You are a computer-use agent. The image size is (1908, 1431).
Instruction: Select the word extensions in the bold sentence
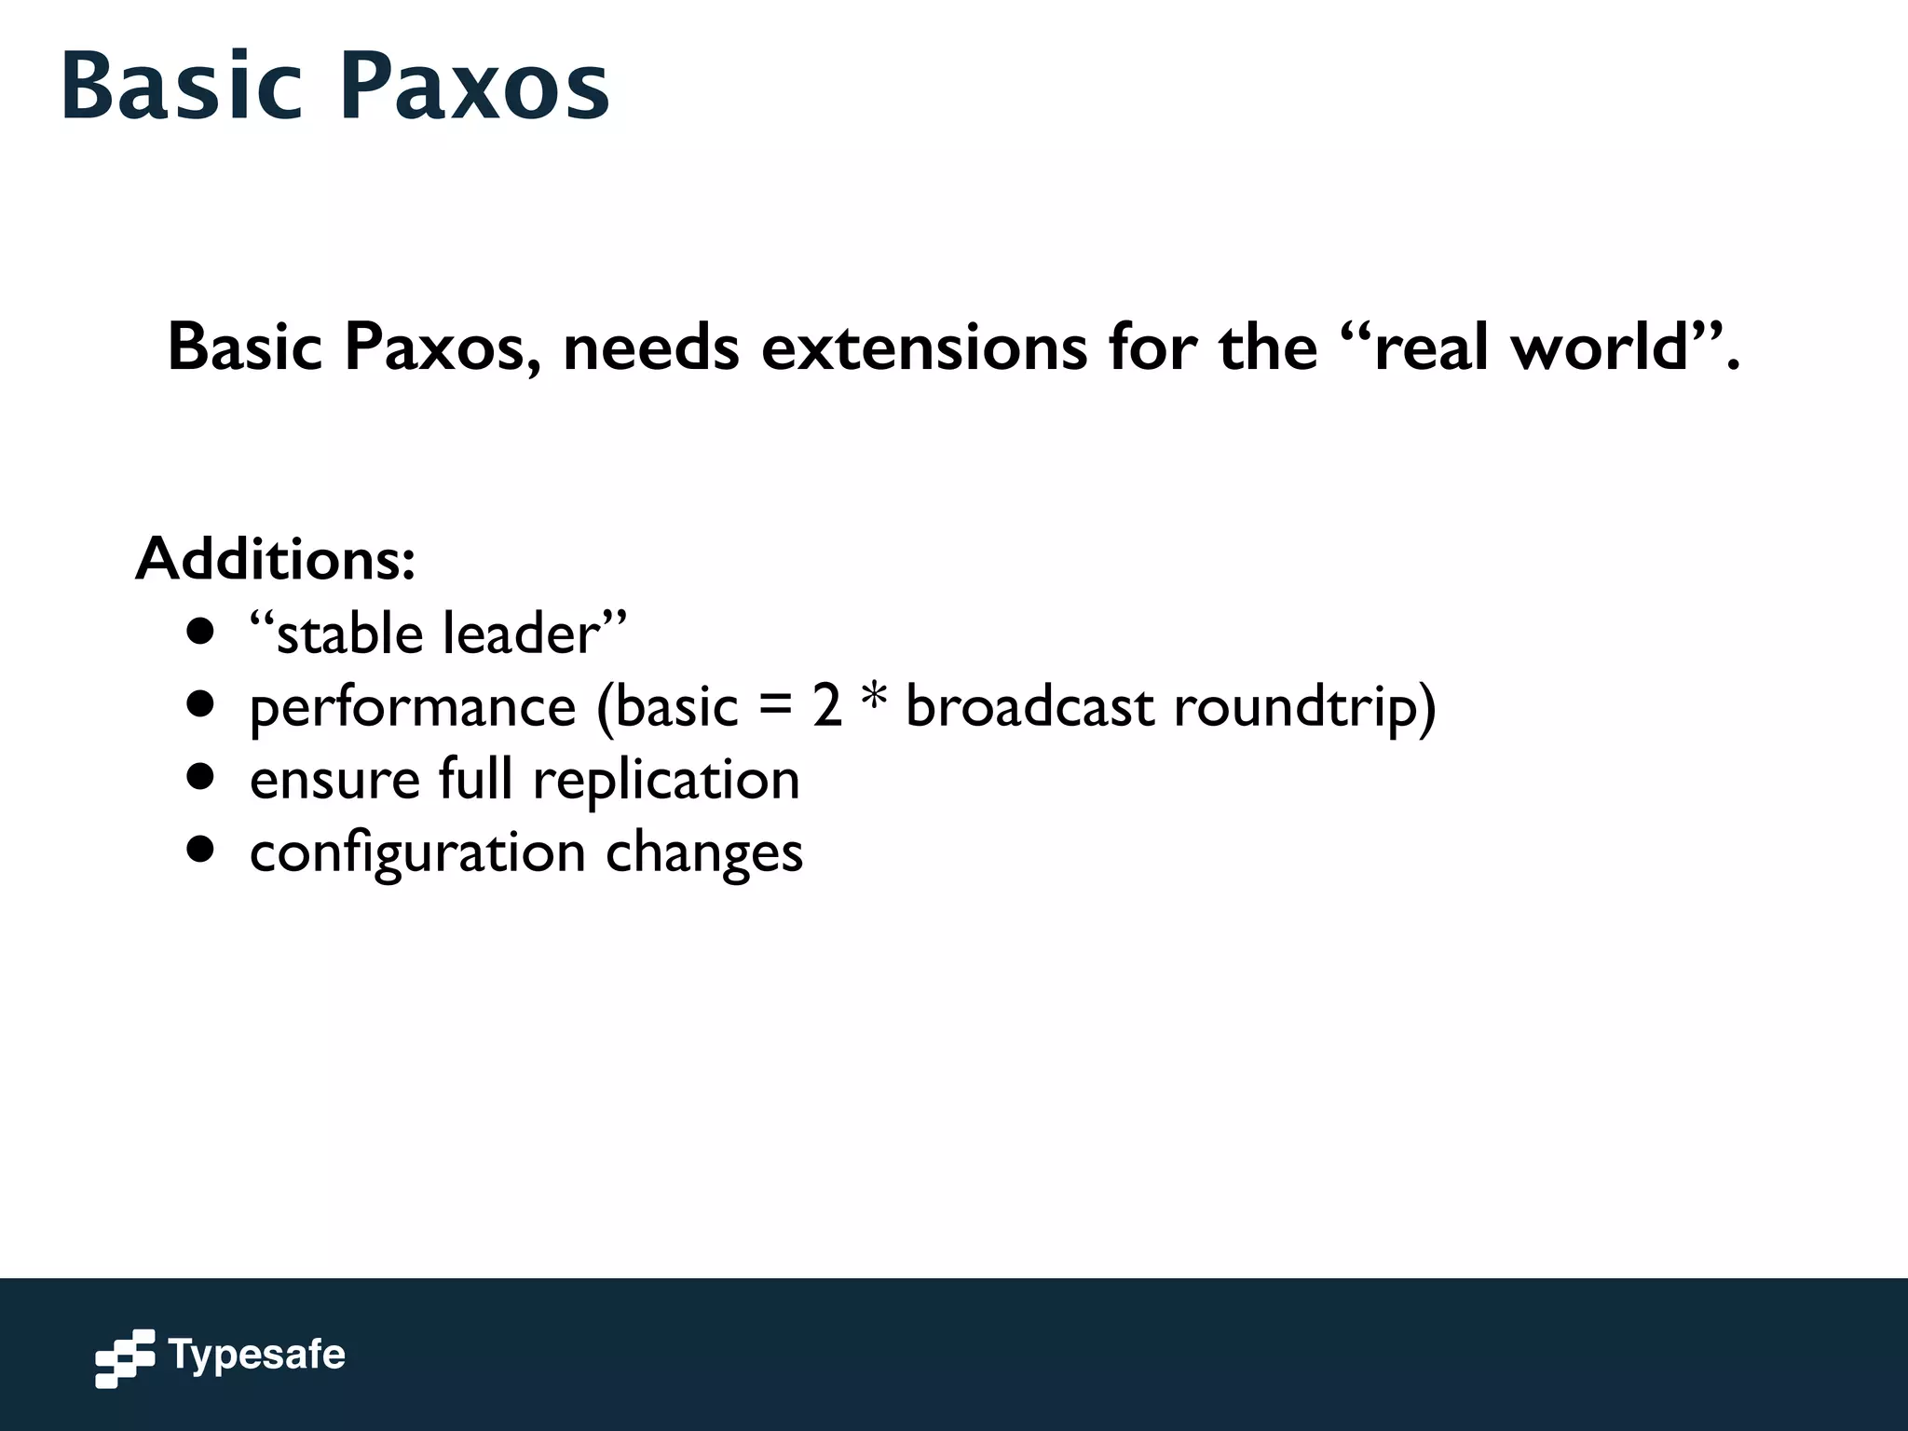(x=923, y=348)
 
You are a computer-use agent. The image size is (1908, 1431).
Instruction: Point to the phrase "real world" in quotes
(x=1533, y=348)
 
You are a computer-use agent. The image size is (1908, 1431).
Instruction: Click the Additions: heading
(x=275, y=559)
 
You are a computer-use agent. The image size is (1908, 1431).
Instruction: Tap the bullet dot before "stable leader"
(x=200, y=633)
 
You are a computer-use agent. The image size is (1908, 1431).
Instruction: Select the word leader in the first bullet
(x=521, y=634)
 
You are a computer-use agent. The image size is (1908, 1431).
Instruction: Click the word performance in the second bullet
(x=413, y=708)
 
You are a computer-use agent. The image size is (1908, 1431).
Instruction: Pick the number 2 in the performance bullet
(x=826, y=706)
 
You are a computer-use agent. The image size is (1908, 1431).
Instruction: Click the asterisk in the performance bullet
(x=874, y=701)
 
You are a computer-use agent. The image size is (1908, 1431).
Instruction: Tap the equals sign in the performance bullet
(x=775, y=708)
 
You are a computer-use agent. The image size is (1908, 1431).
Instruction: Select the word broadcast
(x=1029, y=706)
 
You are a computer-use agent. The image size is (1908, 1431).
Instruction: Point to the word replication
(x=666, y=781)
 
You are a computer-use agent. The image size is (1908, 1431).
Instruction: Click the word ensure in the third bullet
(x=334, y=781)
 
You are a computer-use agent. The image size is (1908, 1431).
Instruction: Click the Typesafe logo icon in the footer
(x=125, y=1358)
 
